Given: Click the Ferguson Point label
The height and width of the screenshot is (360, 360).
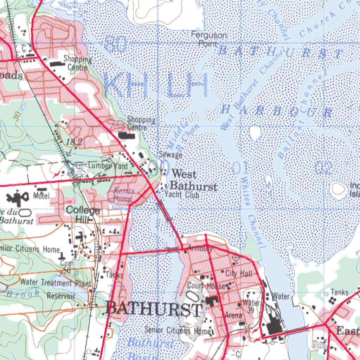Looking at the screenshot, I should point(209,39).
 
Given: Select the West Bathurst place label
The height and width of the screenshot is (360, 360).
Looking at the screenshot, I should point(194,180).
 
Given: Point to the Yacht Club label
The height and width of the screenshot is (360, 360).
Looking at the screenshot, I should point(182,195).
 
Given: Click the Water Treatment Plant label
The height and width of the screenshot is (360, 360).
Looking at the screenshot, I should point(56,282).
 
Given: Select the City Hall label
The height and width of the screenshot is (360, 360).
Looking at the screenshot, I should point(239,273).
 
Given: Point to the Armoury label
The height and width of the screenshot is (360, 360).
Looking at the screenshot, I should point(200,249).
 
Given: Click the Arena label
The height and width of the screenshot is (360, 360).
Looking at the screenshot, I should point(234,315).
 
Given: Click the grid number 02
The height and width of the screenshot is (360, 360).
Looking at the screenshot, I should point(324,168).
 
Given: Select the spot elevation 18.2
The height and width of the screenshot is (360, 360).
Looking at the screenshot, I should point(74,142).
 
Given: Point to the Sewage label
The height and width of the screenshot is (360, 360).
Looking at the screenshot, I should point(171,155).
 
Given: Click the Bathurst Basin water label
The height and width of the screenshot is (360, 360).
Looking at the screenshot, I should point(149,348).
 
